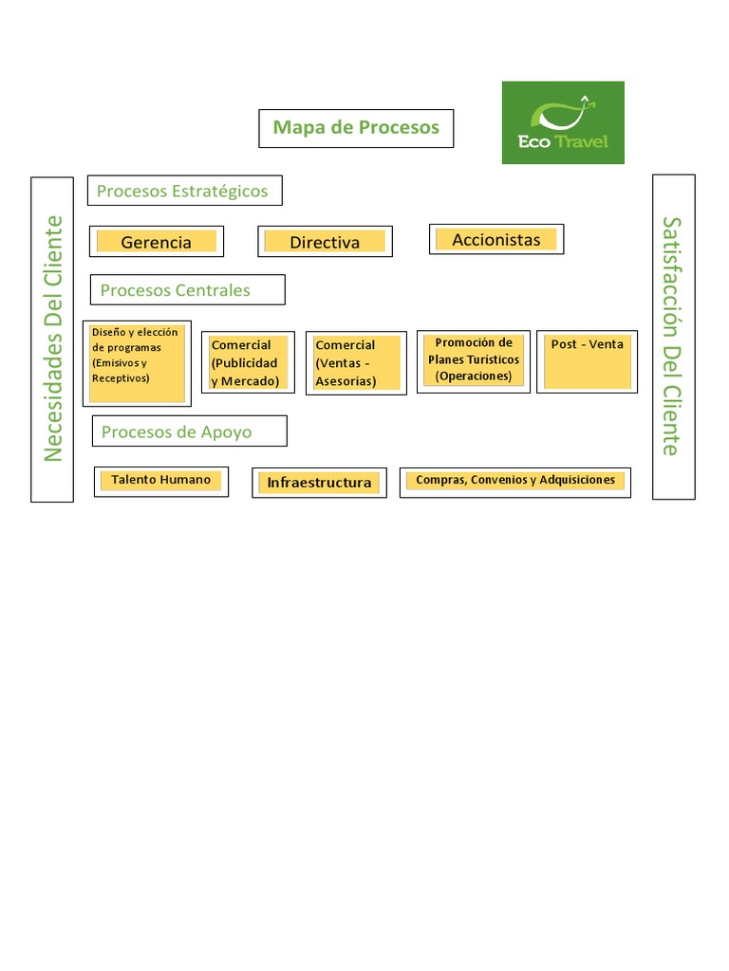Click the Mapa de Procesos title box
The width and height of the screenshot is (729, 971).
(x=356, y=128)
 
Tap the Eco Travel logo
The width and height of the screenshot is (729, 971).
(x=563, y=122)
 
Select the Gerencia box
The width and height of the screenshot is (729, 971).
(x=157, y=242)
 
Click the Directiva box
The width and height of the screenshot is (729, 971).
(x=325, y=242)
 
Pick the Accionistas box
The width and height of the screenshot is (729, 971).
(x=496, y=239)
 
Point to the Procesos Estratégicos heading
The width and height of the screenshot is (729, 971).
(x=185, y=190)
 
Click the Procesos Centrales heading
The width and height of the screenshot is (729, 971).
(x=188, y=290)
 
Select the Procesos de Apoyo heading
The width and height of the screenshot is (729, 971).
(x=190, y=431)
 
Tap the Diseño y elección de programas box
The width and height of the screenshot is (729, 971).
(x=137, y=363)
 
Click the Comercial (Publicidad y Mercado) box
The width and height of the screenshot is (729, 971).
(x=248, y=362)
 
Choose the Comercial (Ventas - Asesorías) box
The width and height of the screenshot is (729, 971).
(x=357, y=363)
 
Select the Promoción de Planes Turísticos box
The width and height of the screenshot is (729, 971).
(x=474, y=361)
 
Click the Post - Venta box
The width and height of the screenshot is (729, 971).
(x=587, y=361)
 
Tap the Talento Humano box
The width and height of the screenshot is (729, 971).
(x=161, y=482)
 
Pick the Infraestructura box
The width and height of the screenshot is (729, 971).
(x=319, y=483)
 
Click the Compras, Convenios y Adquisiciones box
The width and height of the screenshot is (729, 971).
(x=515, y=483)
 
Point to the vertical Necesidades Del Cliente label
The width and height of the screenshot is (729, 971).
(x=52, y=339)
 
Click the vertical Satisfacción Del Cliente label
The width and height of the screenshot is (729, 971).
(x=674, y=337)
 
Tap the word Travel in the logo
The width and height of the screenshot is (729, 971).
(x=581, y=142)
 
